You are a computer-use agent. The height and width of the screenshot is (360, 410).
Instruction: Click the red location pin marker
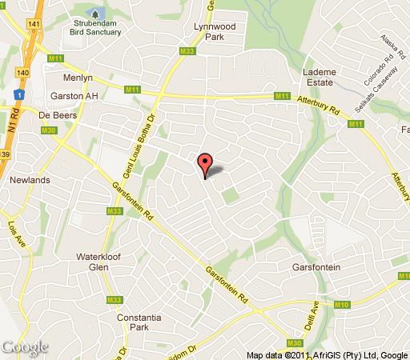pyautogui.click(x=205, y=164)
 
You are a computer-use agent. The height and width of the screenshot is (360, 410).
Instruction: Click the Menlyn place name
pyautogui.click(x=79, y=79)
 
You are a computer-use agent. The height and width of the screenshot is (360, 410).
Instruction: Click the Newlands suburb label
pyautogui.click(x=30, y=180)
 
